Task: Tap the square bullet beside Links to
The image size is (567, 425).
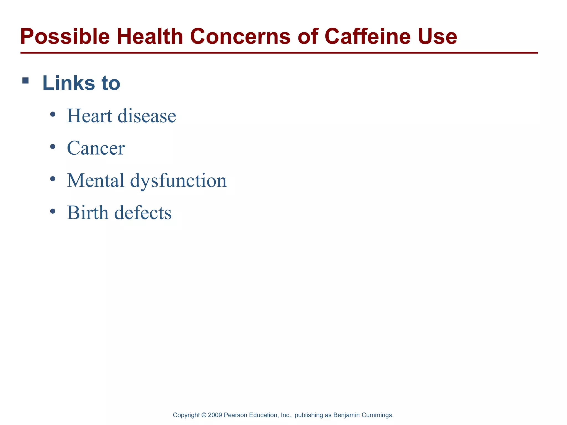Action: (25, 81)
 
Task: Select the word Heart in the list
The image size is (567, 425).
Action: (89, 116)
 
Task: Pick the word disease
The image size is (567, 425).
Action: (147, 116)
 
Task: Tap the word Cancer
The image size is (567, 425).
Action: (96, 148)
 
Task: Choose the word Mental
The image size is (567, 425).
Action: (96, 180)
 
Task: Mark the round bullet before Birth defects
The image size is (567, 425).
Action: (53, 211)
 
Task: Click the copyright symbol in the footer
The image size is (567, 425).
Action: (204, 415)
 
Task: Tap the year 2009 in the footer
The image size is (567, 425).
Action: (215, 415)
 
